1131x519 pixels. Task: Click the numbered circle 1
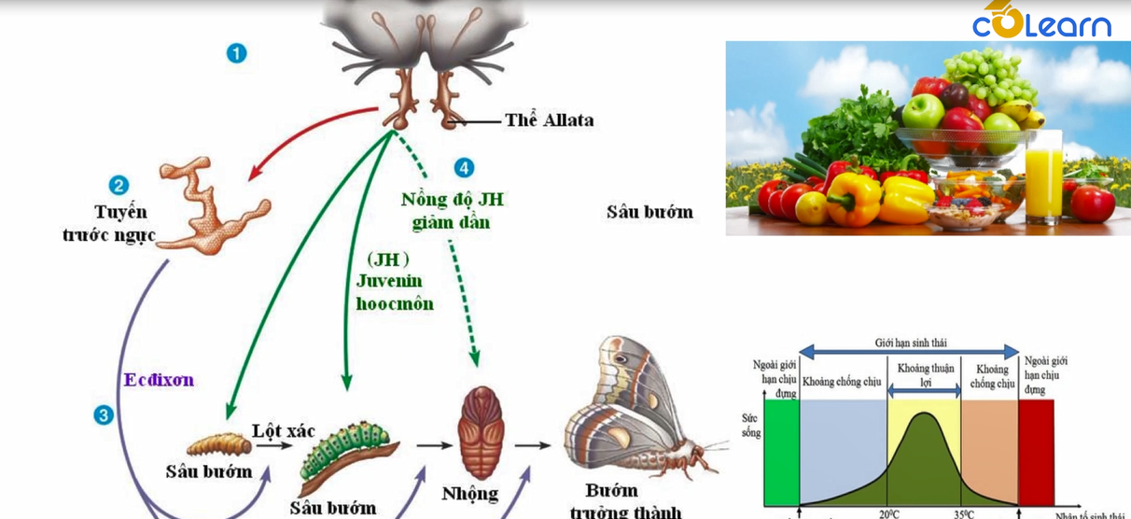pyautogui.click(x=236, y=53)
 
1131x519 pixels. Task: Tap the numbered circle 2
pyautogui.click(x=119, y=186)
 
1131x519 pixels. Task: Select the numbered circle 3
pyautogui.click(x=104, y=414)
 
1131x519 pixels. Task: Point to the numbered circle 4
pyautogui.click(x=464, y=168)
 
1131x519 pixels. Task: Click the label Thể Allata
pyautogui.click(x=549, y=120)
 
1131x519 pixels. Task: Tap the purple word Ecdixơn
pyautogui.click(x=159, y=380)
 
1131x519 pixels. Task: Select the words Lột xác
pyautogui.click(x=284, y=431)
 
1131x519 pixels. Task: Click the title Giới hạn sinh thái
pyautogui.click(x=909, y=342)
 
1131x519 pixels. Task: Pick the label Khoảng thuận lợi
pyautogui.click(x=925, y=375)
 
